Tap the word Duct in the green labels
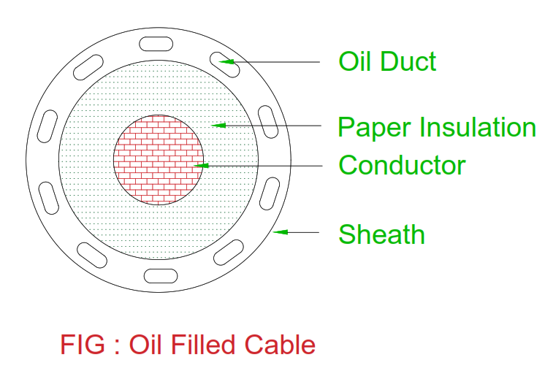click(408, 61)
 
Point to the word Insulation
click(479, 127)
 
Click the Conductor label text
click(402, 165)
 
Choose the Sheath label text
click(381, 234)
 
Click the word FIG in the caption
click(83, 344)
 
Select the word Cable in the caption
click(280, 344)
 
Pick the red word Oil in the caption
click(145, 344)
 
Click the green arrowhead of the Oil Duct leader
click(226, 62)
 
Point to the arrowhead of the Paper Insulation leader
click(218, 125)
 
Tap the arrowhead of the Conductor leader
click(201, 166)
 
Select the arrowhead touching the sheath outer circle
click(280, 232)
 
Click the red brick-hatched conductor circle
click(159, 160)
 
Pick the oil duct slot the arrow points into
click(224, 64)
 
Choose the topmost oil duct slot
click(156, 44)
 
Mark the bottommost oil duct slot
click(161, 276)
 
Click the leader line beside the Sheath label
click(296, 232)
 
